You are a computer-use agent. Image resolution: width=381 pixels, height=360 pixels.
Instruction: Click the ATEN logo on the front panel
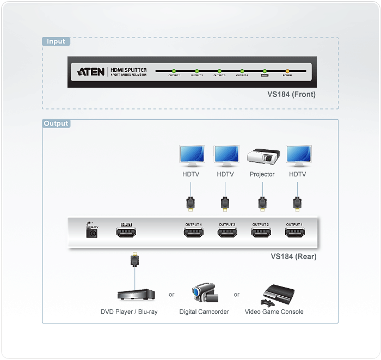(x=91, y=71)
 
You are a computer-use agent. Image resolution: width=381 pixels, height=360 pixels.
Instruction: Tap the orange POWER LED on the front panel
(x=287, y=71)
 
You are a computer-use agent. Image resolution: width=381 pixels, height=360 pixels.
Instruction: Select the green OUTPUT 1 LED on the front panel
(x=174, y=71)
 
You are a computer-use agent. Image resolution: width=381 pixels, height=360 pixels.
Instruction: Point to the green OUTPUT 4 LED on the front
(x=242, y=71)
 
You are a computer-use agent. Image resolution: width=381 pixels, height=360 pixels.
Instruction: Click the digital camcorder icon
(x=205, y=294)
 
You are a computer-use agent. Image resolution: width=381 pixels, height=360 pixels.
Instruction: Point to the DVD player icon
(x=136, y=294)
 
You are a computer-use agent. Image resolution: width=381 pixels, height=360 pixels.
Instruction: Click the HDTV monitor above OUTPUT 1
(x=298, y=156)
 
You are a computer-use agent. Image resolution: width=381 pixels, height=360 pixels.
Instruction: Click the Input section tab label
(x=56, y=41)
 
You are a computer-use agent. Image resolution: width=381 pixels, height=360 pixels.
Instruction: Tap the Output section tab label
(x=56, y=124)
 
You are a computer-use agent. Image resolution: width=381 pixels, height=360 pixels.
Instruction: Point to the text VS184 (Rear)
(x=293, y=257)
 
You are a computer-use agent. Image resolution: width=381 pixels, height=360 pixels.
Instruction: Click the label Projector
(x=262, y=174)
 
